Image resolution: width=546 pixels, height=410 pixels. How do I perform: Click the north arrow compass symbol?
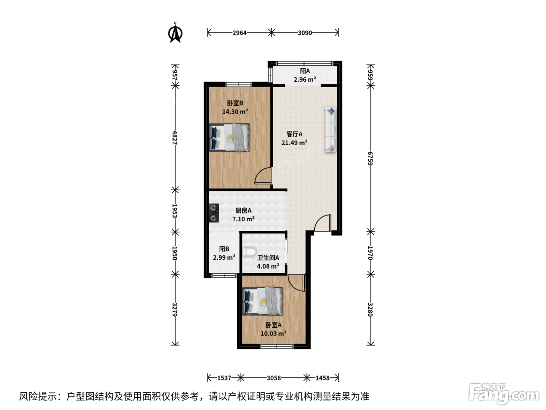175,33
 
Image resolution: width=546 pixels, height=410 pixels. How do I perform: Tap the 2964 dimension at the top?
239,33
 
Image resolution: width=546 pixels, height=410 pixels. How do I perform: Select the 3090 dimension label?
305,33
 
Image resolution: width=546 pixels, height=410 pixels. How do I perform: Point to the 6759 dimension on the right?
370,159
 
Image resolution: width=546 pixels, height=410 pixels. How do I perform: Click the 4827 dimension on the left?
175,138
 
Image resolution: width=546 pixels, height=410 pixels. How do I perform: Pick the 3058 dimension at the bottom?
274,378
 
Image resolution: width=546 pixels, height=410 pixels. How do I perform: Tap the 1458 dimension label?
323,378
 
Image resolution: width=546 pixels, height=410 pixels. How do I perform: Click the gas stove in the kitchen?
214,213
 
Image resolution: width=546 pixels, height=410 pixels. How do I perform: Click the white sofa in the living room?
330,130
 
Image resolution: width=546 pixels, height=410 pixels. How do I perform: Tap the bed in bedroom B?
229,138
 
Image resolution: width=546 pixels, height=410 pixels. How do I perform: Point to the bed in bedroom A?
262,301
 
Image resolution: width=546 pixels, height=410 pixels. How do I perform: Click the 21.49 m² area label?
294,143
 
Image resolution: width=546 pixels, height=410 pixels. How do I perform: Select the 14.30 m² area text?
235,112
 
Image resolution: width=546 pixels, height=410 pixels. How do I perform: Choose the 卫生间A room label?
268,258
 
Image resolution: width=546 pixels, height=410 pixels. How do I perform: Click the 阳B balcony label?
224,249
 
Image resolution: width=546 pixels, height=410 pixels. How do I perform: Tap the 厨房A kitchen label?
243,210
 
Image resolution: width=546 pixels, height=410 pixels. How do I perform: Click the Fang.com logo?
504,394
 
